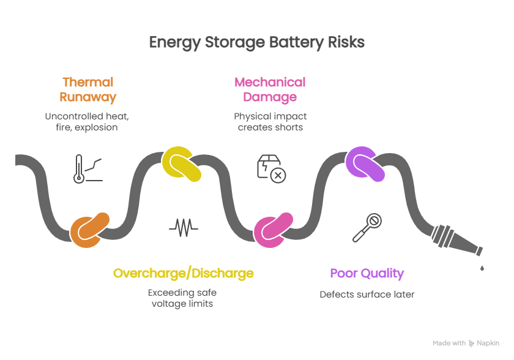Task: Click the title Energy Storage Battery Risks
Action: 256,42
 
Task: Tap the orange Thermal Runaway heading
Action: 88,89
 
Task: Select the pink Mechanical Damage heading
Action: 270,89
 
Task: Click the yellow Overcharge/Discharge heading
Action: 183,273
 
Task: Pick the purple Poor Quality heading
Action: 367,273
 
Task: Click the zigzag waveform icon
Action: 184,228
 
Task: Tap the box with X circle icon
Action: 272,169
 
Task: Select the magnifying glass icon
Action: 367,228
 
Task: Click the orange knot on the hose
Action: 89,230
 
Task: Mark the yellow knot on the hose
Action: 181,164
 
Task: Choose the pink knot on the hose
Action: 273,230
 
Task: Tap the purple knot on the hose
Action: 365,164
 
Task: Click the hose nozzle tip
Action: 480,252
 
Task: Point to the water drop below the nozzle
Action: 482,268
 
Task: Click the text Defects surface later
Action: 367,294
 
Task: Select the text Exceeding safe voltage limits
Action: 182,298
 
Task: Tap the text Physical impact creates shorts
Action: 270,122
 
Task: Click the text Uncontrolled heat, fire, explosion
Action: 87,122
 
